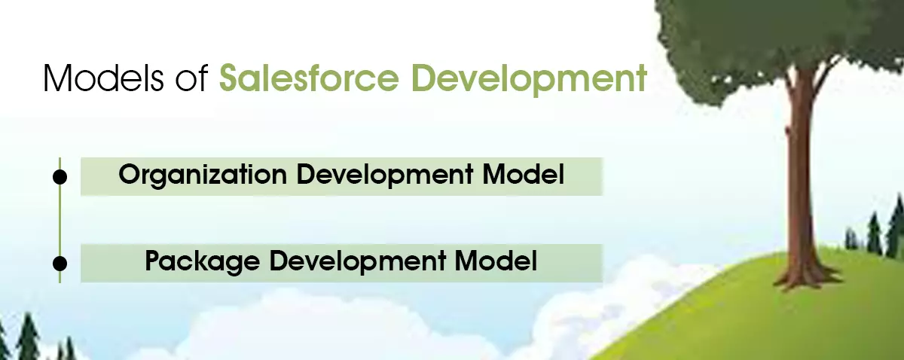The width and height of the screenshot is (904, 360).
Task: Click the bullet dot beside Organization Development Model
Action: pos(60,176)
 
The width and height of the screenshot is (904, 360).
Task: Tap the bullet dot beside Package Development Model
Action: pos(60,263)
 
